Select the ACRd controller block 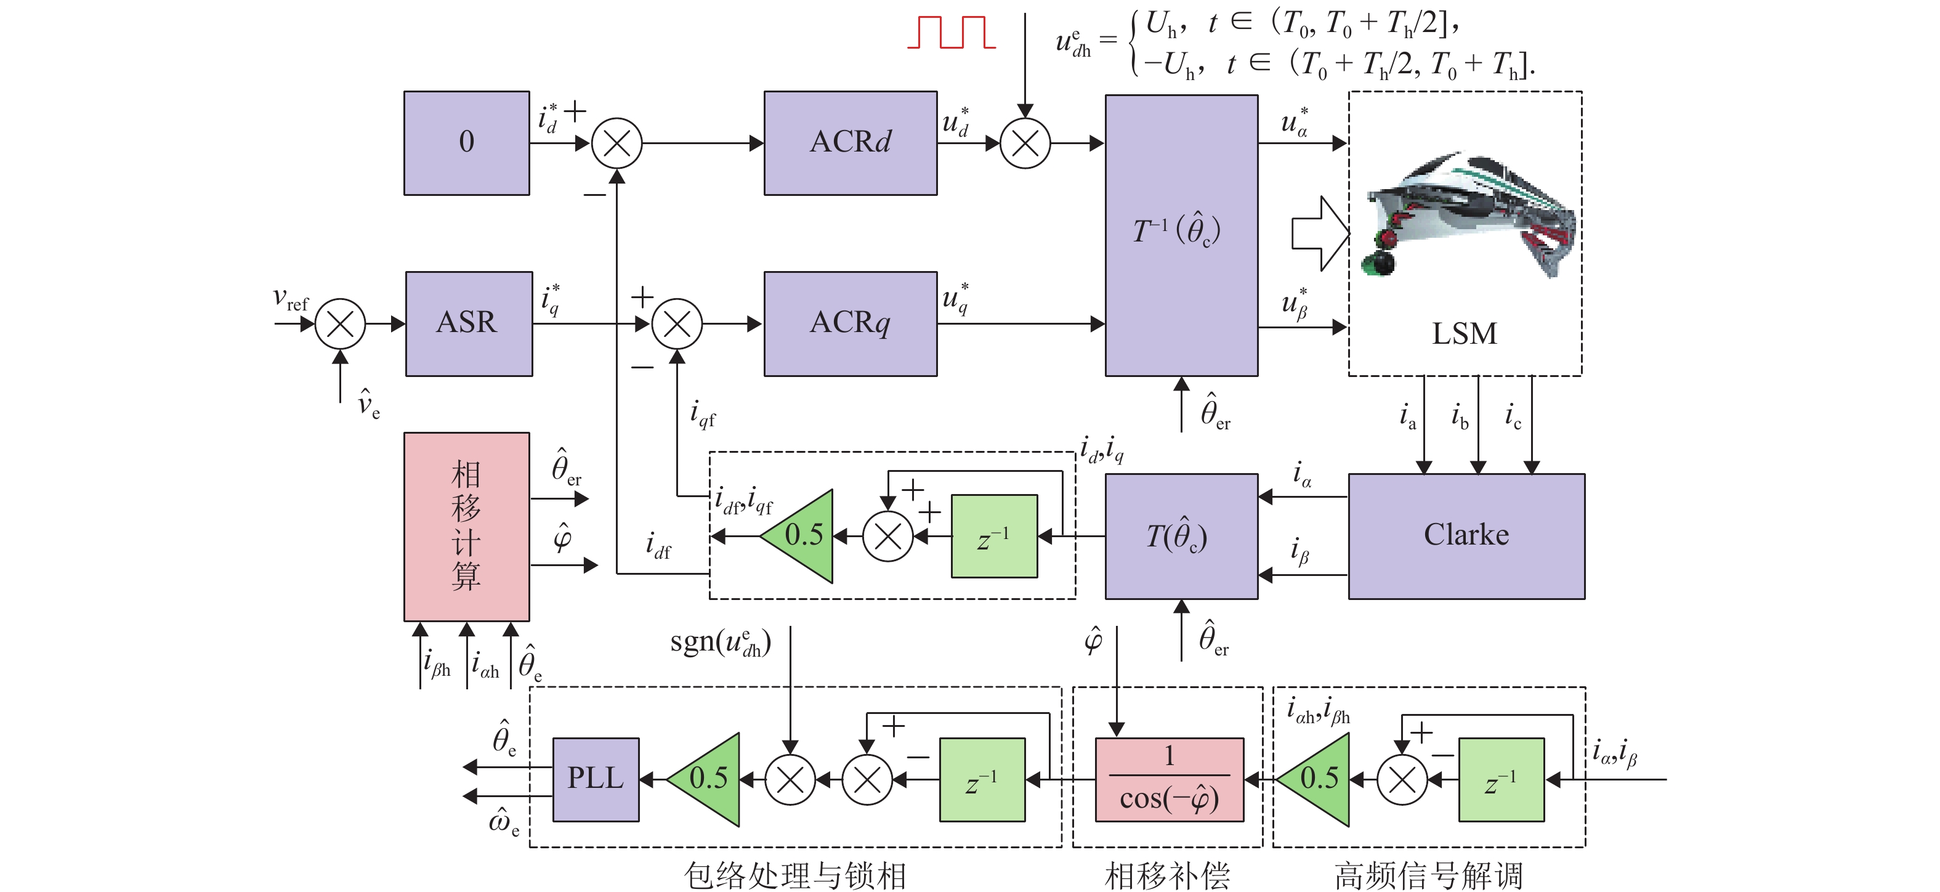851,143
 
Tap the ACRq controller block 851,324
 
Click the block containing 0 466,143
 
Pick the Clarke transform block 1466,536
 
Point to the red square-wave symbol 951,33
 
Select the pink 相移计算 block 466,526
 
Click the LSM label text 1464,334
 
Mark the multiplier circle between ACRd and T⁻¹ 1025,143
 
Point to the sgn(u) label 720,643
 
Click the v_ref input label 290,300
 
